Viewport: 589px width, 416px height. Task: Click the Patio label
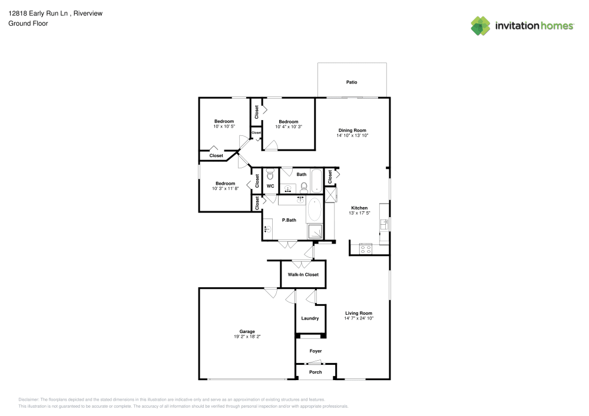click(x=352, y=82)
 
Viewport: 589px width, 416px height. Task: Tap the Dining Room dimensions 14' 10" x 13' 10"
click(x=352, y=135)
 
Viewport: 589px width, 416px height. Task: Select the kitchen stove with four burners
click(x=365, y=248)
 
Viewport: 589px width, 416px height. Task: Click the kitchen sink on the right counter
click(x=384, y=224)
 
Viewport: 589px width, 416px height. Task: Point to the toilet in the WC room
click(x=270, y=174)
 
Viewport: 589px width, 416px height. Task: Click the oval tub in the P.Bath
click(x=315, y=209)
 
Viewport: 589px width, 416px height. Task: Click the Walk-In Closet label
click(x=303, y=275)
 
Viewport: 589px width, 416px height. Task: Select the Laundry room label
click(x=310, y=318)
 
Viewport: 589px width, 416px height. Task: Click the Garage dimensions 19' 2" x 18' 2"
click(x=247, y=337)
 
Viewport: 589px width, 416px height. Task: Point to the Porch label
click(x=316, y=372)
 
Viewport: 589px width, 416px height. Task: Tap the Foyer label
click(x=316, y=351)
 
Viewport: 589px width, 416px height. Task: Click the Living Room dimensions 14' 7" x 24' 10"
click(x=359, y=318)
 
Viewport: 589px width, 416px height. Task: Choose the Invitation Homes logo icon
click(x=481, y=25)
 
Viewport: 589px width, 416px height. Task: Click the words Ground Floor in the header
click(x=28, y=24)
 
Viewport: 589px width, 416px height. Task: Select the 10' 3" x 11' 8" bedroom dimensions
click(x=225, y=188)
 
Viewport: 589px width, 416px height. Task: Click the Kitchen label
click(x=359, y=208)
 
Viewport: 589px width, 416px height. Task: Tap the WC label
click(x=270, y=186)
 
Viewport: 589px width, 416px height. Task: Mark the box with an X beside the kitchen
click(x=330, y=195)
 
